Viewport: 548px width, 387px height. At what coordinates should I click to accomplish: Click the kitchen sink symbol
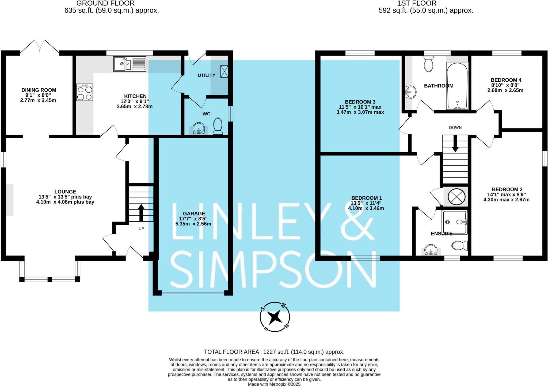(130, 64)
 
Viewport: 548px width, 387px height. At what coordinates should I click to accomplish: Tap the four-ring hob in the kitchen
(85, 92)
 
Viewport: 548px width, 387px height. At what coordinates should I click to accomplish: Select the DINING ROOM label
(39, 90)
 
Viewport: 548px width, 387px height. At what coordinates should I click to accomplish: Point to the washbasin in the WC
(199, 128)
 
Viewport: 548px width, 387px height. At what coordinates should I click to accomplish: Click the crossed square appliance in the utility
(224, 71)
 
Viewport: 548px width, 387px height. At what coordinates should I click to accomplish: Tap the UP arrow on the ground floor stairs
(141, 213)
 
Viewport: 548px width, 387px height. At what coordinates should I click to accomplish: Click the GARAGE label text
(194, 214)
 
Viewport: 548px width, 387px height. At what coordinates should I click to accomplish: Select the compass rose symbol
(275, 317)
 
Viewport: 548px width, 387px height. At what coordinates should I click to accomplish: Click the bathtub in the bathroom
(457, 86)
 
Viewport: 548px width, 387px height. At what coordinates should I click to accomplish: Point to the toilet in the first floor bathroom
(429, 64)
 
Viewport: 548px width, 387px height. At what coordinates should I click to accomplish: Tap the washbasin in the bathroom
(411, 92)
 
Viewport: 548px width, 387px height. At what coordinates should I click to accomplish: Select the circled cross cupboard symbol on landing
(456, 197)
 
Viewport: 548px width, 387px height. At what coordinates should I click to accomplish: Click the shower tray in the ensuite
(455, 222)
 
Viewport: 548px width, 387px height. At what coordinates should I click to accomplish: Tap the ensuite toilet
(459, 245)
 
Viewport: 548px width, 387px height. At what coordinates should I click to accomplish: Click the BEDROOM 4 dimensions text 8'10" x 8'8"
(505, 85)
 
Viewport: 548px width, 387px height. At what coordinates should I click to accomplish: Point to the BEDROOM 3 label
(360, 102)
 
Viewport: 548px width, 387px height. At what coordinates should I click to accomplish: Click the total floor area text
(274, 352)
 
